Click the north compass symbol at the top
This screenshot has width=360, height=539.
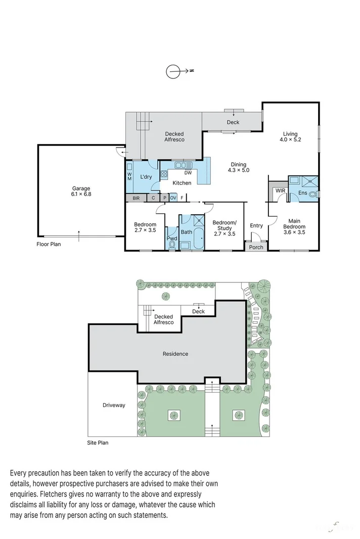(173, 71)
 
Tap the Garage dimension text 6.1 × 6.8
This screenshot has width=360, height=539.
(81, 194)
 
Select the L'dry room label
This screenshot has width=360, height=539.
(146, 176)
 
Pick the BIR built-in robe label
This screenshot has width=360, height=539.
(136, 198)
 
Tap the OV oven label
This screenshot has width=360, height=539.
(173, 198)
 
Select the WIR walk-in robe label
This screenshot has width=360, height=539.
(280, 190)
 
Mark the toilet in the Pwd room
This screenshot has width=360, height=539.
(172, 244)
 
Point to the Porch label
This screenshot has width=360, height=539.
(256, 247)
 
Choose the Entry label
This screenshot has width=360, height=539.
(256, 225)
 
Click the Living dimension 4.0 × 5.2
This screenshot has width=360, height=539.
(291, 140)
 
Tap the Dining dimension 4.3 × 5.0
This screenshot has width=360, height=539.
(238, 170)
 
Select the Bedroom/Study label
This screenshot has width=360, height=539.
(224, 225)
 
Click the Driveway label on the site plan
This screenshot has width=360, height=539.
(113, 405)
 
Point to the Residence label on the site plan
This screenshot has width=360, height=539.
(175, 354)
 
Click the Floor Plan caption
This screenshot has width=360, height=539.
(49, 244)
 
